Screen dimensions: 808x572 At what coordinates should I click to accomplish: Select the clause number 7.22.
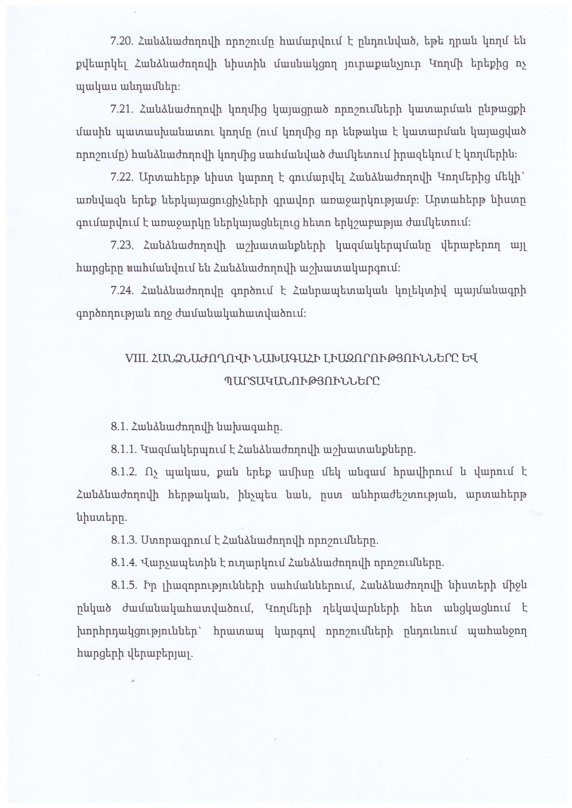pyautogui.click(x=121, y=177)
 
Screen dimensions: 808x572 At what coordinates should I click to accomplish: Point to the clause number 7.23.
pyautogui.click(x=121, y=245)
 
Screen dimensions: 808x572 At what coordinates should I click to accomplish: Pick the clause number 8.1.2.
pyautogui.click(x=124, y=472)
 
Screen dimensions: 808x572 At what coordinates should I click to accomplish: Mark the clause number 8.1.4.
pyautogui.click(x=124, y=563)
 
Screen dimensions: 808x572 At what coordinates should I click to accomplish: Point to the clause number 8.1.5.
pyautogui.click(x=124, y=586)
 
